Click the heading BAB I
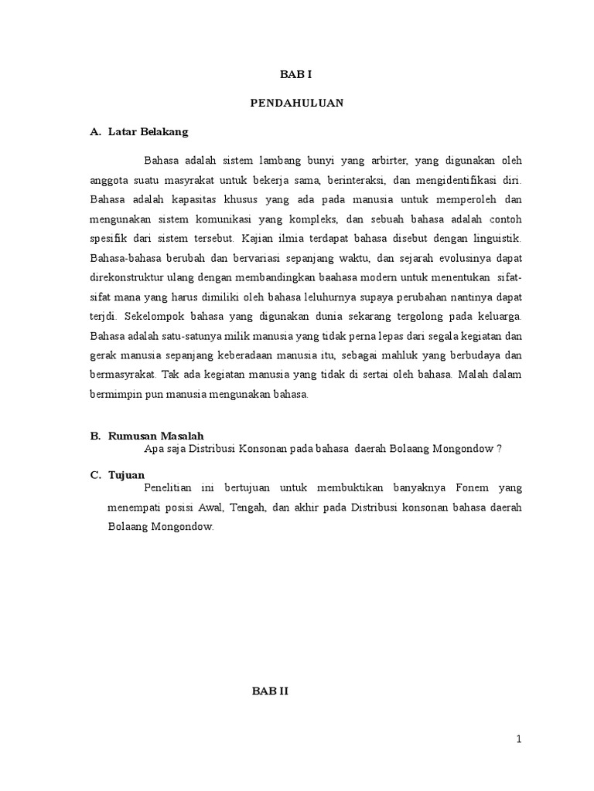[296, 75]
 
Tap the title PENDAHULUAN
[297, 103]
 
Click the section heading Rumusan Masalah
[155, 436]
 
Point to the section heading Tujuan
[127, 474]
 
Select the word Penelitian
[169, 487]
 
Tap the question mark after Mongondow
[501, 450]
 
